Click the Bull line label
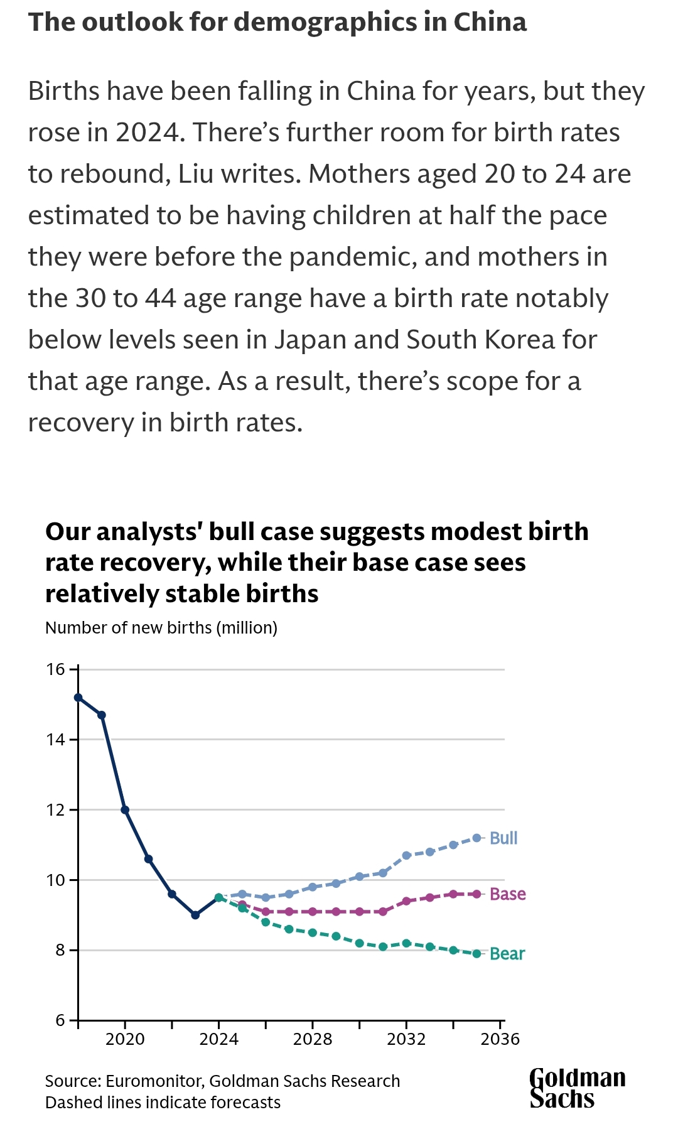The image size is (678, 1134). pyautogui.click(x=503, y=838)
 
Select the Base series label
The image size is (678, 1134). pyautogui.click(x=507, y=894)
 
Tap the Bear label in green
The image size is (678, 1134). pyautogui.click(x=507, y=954)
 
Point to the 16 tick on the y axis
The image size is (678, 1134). pyautogui.click(x=56, y=669)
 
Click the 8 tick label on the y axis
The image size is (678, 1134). pyautogui.click(x=60, y=950)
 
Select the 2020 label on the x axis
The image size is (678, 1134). pyautogui.click(x=125, y=1039)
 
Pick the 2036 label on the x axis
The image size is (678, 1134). pyautogui.click(x=500, y=1039)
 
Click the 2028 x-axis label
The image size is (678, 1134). pyautogui.click(x=313, y=1039)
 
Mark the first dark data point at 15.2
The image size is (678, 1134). pyautogui.click(x=78, y=697)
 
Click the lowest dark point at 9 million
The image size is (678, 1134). pyautogui.click(x=195, y=915)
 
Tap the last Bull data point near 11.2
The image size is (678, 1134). pyautogui.click(x=476, y=838)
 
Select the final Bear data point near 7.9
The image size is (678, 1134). pyautogui.click(x=476, y=954)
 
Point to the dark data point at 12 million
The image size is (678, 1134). pyautogui.click(x=125, y=810)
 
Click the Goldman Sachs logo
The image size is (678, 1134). pyautogui.click(x=577, y=1089)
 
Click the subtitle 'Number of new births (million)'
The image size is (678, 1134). pyautogui.click(x=161, y=628)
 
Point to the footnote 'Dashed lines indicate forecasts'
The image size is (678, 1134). pyautogui.click(x=163, y=1103)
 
